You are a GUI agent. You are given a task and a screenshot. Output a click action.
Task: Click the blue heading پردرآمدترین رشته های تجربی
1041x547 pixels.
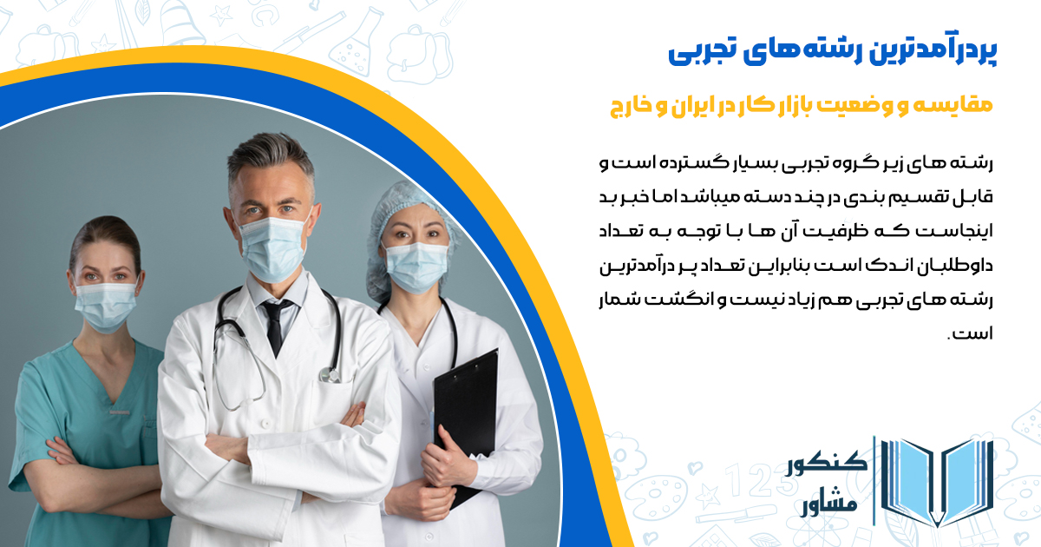833,50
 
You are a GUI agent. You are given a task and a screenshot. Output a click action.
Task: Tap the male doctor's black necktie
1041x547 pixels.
275,326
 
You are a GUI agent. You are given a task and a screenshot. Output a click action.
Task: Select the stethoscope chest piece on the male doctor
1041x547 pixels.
329,374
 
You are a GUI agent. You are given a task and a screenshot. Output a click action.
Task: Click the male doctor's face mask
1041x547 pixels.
275,247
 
